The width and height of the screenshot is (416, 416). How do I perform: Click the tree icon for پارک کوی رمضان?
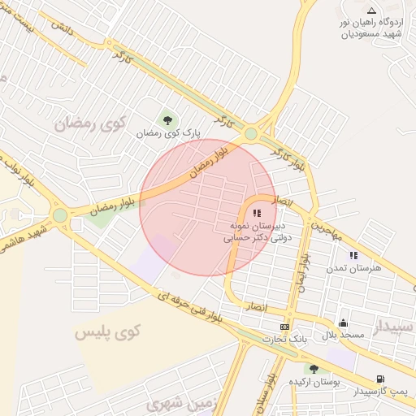click(168, 119)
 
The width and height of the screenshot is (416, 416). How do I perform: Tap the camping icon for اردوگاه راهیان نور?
click(371, 11)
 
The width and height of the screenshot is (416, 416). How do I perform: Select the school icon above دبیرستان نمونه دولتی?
click(258, 212)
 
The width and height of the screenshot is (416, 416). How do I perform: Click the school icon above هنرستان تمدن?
click(353, 255)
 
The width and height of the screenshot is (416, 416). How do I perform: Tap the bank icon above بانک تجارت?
click(284, 326)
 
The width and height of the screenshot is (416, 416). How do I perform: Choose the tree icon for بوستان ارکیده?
click(314, 369)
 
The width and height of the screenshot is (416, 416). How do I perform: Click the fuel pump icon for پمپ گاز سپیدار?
click(379, 379)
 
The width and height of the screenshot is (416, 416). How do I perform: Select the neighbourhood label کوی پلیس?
click(107, 331)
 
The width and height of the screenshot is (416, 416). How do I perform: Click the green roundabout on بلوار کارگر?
click(251, 133)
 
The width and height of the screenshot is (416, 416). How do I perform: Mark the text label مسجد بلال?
click(340, 335)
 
